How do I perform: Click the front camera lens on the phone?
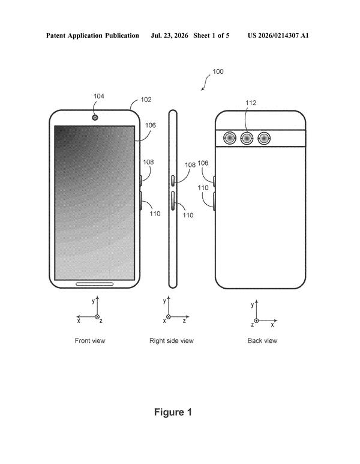point(95,118)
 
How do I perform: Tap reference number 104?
point(99,96)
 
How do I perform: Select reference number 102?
point(146,100)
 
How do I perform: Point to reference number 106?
point(150,125)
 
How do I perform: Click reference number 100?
point(218,71)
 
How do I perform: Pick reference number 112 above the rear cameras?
point(251,103)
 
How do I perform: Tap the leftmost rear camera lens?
point(230,138)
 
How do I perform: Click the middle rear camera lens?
point(247,138)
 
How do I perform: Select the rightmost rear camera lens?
point(264,138)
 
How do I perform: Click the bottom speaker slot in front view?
point(95,284)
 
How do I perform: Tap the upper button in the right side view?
point(172,181)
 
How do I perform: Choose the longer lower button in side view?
point(172,200)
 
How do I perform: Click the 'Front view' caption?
point(90,340)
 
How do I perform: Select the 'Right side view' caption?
point(171,340)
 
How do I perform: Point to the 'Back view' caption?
point(262,340)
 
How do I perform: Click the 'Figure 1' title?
point(173,412)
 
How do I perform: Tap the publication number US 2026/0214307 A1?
point(278,35)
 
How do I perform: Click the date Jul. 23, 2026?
point(169,35)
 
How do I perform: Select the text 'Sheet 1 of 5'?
point(211,35)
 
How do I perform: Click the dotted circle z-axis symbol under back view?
point(256,321)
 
